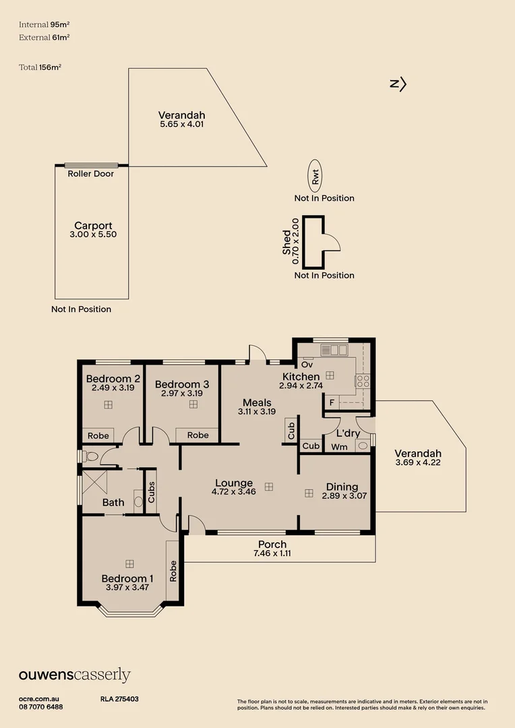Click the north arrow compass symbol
pos(398,84)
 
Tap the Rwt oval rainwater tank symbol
pos(315,177)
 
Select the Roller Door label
pos(91,174)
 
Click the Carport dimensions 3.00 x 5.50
pos(93,235)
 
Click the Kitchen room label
pos(301,376)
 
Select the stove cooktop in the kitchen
pos(363,382)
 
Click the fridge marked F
pos(332,403)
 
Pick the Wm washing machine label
pos(340,446)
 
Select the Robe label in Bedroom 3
pos(198,435)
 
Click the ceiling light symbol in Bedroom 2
pos(108,404)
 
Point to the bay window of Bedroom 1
pos(131,612)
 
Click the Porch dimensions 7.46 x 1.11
pos(272,553)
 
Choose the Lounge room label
pos(234,483)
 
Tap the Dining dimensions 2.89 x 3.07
pos(342,496)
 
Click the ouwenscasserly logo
pos(74,675)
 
